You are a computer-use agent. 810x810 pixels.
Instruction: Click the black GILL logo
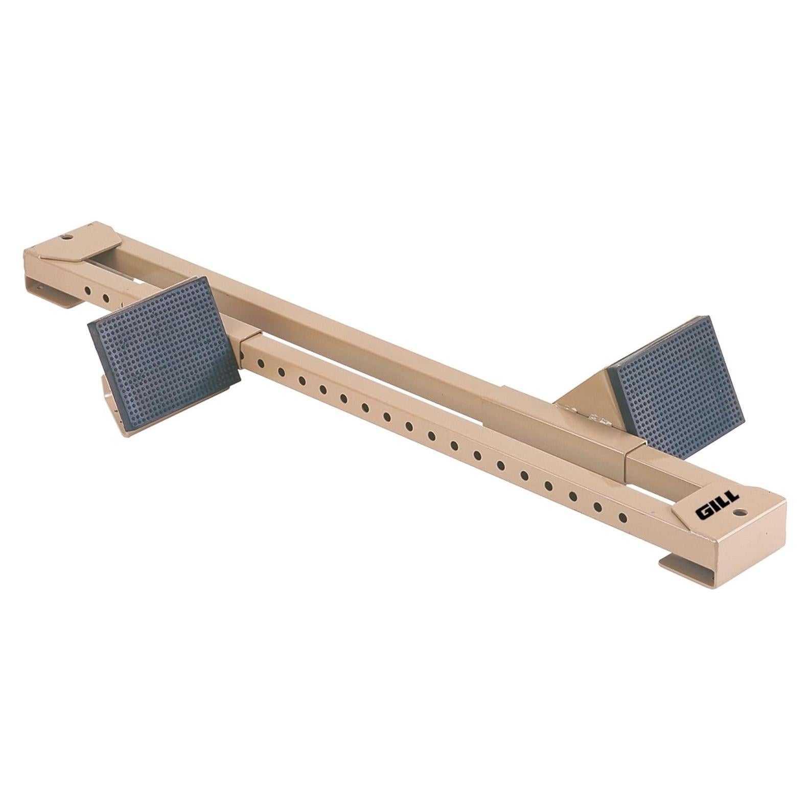pyautogui.click(x=716, y=506)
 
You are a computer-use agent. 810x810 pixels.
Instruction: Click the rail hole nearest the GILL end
pyautogui.click(x=622, y=517)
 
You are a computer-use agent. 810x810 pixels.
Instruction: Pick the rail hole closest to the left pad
pyautogui.click(x=260, y=363)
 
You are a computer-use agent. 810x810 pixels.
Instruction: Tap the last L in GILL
pyautogui.click(x=732, y=498)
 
